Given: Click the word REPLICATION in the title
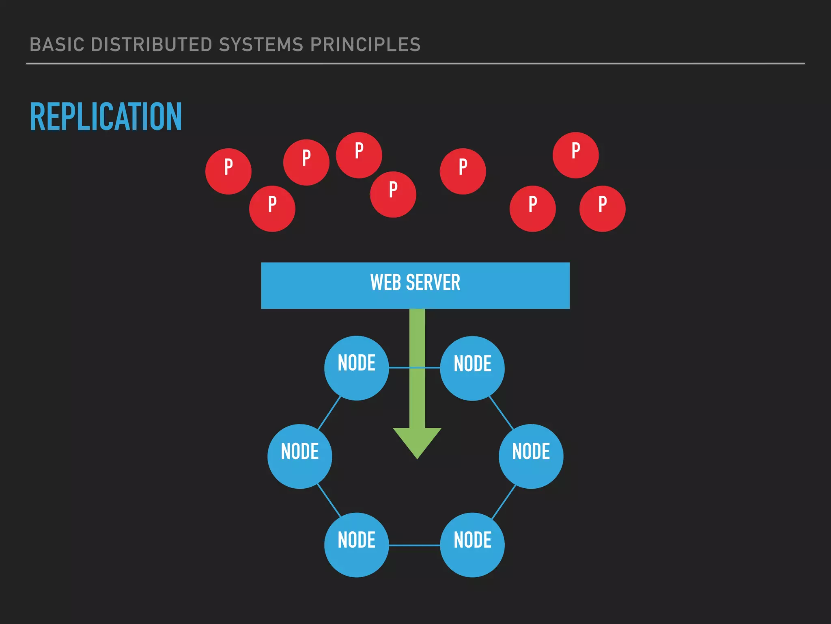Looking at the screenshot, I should click(106, 117).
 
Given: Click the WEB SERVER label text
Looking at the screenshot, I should click(415, 283).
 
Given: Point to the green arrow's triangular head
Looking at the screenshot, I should click(417, 441).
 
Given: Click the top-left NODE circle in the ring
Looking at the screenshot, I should click(356, 368).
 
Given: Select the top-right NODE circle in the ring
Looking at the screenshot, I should click(472, 368).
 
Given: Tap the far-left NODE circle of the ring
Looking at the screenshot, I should click(299, 456).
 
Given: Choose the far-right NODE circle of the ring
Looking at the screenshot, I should click(531, 456).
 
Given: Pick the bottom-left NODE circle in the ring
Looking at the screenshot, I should click(356, 545).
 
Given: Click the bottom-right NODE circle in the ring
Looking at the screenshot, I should click(472, 545).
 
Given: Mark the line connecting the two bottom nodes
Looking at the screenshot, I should click(414, 545).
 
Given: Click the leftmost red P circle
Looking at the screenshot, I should click(228, 171).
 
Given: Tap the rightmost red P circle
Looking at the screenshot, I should click(602, 208).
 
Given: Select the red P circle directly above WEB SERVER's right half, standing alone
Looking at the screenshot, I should click(463, 171).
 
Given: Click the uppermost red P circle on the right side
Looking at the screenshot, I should click(575, 155).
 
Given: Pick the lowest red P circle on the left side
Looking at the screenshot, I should click(272, 208).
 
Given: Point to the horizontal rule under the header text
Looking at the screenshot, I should click(415, 63).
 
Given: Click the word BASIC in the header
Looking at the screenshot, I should click(57, 45).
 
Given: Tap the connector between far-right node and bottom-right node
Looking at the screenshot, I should click(504, 502).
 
